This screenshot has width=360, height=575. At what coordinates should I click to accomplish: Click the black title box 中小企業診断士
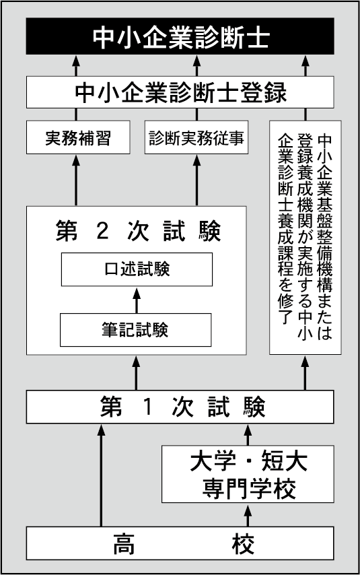(x=180, y=36)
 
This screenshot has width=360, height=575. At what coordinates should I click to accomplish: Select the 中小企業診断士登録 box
(x=180, y=92)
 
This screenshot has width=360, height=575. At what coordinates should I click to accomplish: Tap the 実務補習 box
(x=78, y=137)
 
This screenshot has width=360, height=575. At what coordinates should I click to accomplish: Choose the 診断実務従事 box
(x=196, y=137)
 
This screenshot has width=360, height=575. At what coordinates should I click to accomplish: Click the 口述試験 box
(x=137, y=269)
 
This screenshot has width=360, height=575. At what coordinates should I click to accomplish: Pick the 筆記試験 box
(x=136, y=330)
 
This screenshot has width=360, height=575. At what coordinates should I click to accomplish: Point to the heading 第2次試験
(x=138, y=231)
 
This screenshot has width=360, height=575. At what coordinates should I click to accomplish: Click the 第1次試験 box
(x=180, y=407)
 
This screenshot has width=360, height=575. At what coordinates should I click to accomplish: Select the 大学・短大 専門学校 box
(x=248, y=474)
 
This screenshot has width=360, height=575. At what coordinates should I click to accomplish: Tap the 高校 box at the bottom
(x=180, y=543)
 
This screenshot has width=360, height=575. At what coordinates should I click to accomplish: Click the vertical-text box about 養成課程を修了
(x=305, y=238)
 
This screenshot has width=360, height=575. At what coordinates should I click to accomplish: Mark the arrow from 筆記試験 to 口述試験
(x=137, y=300)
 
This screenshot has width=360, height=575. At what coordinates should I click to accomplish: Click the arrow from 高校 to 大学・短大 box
(x=248, y=515)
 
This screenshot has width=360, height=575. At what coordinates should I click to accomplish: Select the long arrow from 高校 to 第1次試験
(x=101, y=475)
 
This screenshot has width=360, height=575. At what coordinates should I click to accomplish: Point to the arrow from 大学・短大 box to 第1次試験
(x=248, y=434)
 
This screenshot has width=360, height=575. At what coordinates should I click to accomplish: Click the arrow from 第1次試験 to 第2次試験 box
(x=136, y=372)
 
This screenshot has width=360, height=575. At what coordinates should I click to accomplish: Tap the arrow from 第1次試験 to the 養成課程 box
(x=305, y=372)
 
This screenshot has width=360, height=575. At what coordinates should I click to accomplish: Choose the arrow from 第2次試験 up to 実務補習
(x=76, y=180)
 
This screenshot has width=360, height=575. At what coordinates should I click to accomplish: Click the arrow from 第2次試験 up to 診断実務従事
(x=196, y=180)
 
